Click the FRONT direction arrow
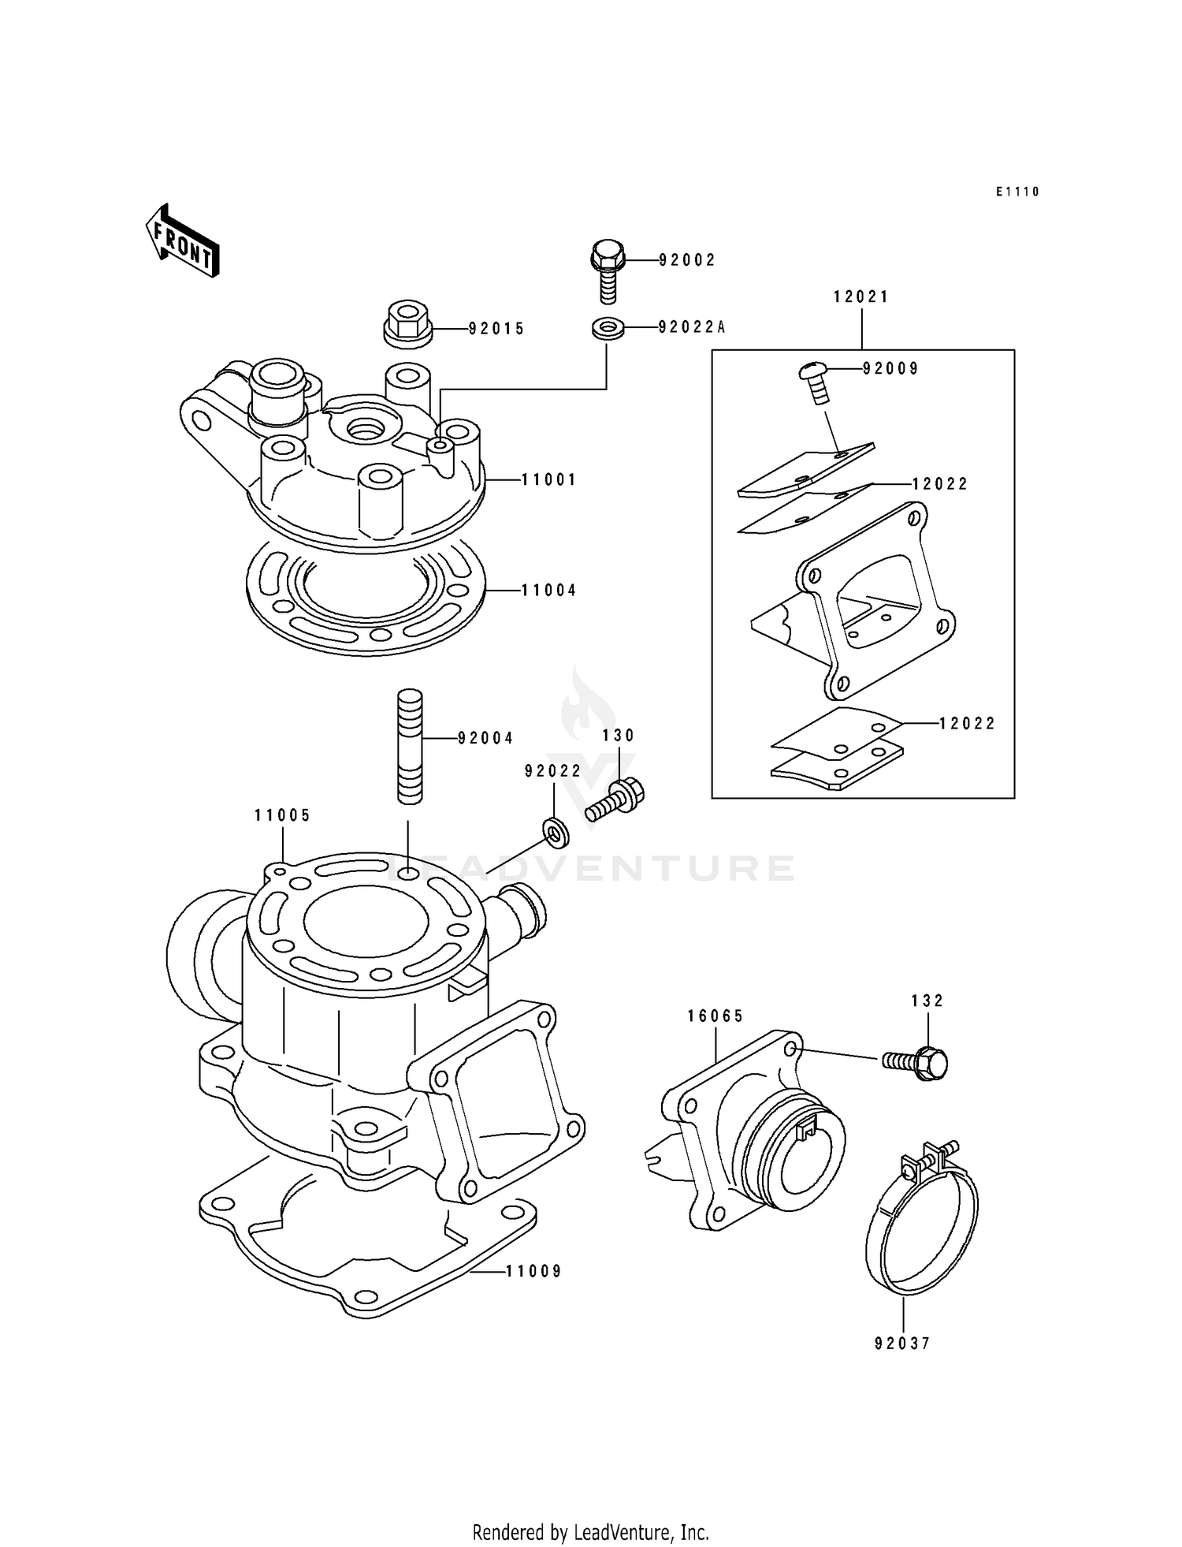click(182, 240)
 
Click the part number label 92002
click(687, 260)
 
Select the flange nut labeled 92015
click(407, 325)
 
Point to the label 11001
click(548, 479)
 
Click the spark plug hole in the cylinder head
click(365, 430)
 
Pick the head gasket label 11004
click(548, 590)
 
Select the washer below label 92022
click(556, 832)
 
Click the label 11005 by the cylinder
click(282, 815)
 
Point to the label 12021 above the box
click(860, 297)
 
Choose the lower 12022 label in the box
click(968, 723)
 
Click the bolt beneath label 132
click(917, 1064)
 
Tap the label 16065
click(715, 1016)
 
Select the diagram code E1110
click(1017, 192)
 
